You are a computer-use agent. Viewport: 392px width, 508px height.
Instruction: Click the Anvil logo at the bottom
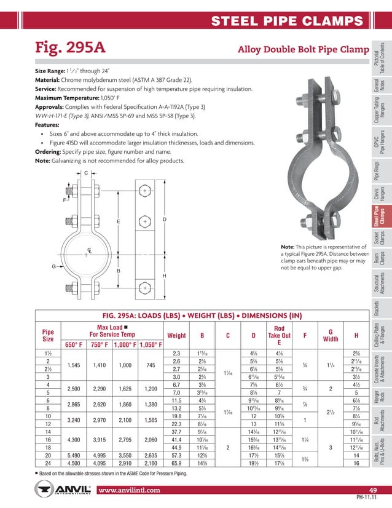click(x=62, y=490)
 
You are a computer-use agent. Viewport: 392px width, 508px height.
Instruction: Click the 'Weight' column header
click(x=176, y=335)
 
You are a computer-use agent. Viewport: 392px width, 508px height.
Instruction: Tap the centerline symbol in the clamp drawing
click(x=73, y=250)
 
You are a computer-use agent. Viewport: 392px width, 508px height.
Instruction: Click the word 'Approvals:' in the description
click(x=52, y=106)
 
